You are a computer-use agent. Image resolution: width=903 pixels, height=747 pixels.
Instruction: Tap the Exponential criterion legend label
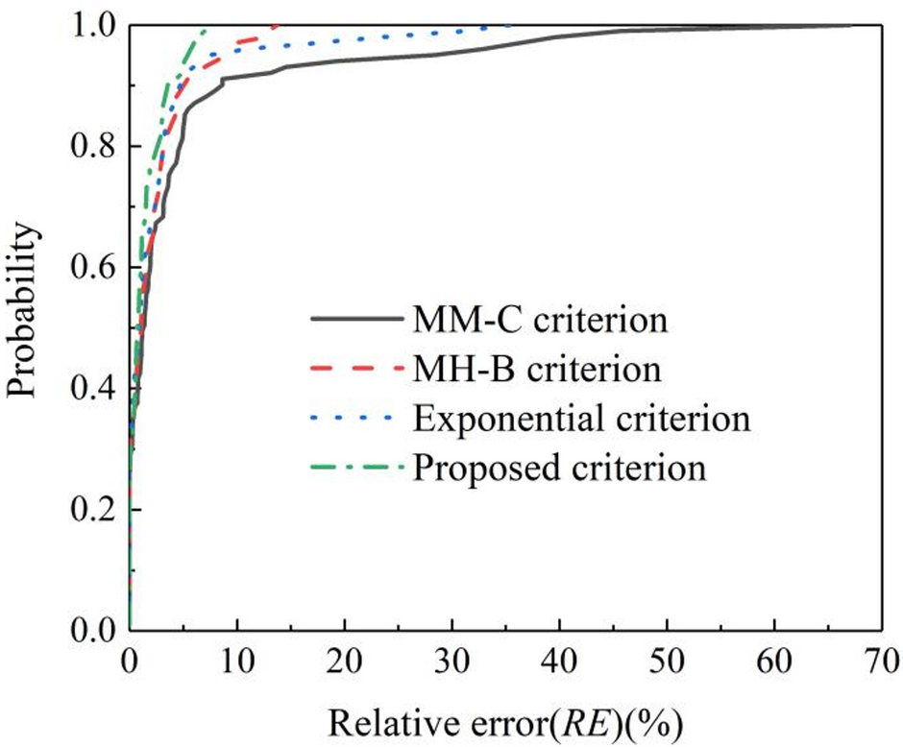[x=580, y=419]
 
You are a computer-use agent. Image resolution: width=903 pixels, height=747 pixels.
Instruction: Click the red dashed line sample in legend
[x=353, y=369]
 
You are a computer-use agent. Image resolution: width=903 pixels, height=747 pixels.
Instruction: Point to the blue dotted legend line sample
[x=353, y=419]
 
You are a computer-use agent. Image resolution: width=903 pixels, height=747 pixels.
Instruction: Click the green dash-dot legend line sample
[x=353, y=469]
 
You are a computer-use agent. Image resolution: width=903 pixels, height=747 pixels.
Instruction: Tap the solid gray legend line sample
[x=353, y=319]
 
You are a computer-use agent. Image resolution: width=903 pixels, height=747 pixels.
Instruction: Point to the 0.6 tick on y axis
[x=94, y=267]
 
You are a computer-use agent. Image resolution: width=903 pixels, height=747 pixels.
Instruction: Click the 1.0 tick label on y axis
[x=94, y=26]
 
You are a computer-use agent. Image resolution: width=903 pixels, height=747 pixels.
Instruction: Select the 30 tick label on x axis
[x=451, y=662]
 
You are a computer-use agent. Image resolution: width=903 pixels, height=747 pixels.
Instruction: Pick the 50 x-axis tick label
[x=665, y=662]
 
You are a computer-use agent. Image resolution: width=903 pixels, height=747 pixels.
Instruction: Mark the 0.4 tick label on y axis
[x=94, y=388]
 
